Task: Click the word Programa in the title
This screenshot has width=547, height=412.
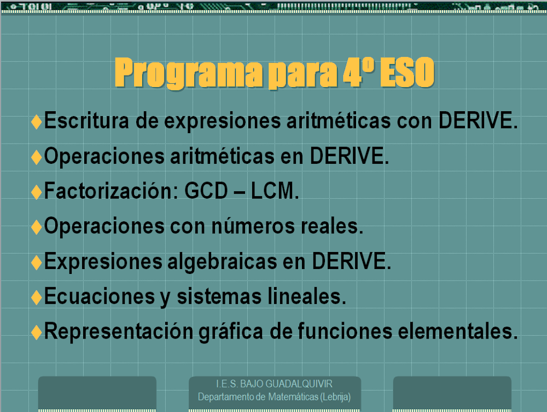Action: [188, 73]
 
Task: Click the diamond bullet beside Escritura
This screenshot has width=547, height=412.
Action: [37, 122]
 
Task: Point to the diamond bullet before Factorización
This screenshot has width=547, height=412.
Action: [37, 192]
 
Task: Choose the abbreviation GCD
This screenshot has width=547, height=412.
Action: [206, 191]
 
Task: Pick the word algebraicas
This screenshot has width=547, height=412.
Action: [222, 262]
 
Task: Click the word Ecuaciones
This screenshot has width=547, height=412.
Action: [100, 296]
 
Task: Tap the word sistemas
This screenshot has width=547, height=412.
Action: [219, 296]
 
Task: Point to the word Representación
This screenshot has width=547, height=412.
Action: [119, 331]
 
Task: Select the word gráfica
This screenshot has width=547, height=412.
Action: [231, 332]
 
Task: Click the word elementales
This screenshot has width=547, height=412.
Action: [458, 331]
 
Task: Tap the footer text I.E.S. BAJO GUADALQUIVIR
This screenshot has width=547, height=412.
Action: [274, 384]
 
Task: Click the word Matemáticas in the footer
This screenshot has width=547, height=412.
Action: [293, 397]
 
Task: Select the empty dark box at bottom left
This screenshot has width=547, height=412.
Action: [97, 393]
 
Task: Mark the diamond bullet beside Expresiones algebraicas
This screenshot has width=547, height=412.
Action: [37, 262]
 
